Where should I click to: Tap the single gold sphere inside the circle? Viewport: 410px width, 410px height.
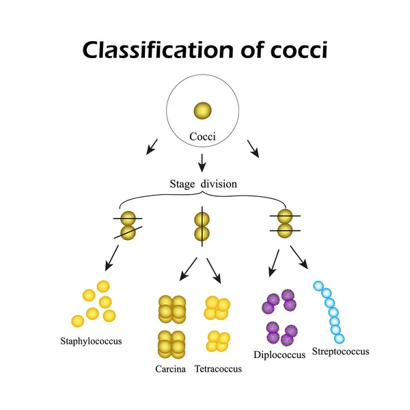point(203,111)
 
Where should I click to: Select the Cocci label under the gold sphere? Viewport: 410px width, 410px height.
point(203,137)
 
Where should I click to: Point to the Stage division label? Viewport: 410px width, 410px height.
point(202,183)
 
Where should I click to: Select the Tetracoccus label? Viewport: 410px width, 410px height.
point(218,370)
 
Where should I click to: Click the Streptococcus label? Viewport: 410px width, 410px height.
point(340,351)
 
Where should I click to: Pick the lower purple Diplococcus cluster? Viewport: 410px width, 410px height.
point(280,333)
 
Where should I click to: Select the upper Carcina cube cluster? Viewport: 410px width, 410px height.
point(172,310)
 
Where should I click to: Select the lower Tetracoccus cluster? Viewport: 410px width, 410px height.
point(217,340)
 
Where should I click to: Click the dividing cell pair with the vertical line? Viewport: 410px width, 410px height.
point(202,227)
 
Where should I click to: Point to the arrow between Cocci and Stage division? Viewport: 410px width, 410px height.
point(202,161)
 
